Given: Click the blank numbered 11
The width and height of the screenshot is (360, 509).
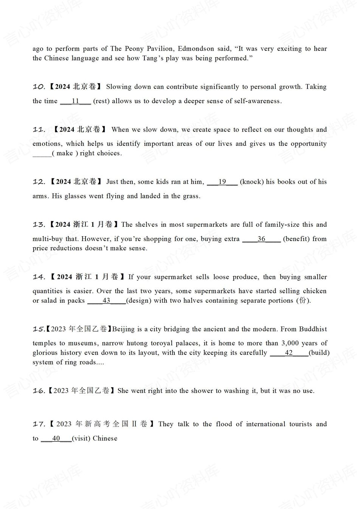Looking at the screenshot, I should (x=76, y=101).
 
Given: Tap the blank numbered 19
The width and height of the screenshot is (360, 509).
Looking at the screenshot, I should (x=222, y=182).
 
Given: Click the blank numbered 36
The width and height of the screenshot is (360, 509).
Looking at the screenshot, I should (x=261, y=239).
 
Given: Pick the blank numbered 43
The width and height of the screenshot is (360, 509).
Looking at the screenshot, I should (x=106, y=300).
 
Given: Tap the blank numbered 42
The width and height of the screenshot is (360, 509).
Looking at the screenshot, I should (x=289, y=353).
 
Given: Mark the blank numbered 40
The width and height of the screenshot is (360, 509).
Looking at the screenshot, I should (x=56, y=438).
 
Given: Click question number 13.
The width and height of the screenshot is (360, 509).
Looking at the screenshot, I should (x=39, y=225).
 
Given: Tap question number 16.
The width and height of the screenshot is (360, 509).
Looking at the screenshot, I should (x=39, y=391).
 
